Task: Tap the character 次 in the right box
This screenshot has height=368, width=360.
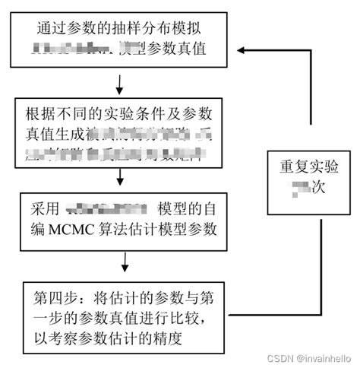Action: tap(319, 187)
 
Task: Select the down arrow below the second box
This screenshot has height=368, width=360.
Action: tap(120, 180)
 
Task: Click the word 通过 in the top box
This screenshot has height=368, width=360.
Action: tap(51, 29)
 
